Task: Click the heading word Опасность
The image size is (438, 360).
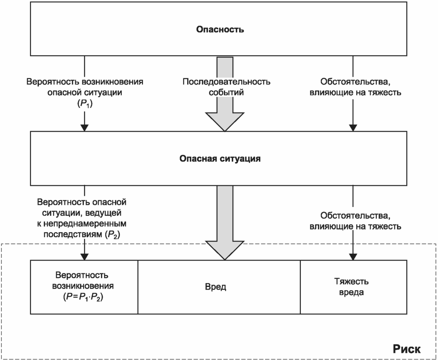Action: click(x=220, y=29)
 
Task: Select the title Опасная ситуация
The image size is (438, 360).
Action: click(x=220, y=159)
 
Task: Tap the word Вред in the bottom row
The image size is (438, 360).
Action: click(x=215, y=287)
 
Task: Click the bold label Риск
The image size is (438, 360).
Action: click(x=407, y=349)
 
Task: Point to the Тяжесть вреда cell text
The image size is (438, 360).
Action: click(x=351, y=287)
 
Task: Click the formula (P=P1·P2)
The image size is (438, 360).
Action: click(x=83, y=297)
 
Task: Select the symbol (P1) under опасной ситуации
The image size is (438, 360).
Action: click(x=85, y=104)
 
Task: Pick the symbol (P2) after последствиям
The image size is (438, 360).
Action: click(x=112, y=234)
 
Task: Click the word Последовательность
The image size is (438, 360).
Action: click(x=227, y=81)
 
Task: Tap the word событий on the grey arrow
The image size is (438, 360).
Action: click(x=226, y=93)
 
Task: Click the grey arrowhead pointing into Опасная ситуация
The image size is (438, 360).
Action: click(x=225, y=122)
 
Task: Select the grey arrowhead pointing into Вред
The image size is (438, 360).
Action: click(x=225, y=250)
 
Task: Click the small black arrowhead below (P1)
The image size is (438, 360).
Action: click(x=84, y=128)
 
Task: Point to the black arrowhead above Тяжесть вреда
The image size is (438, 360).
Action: click(x=353, y=257)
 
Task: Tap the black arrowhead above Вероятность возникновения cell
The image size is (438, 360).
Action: click(x=84, y=257)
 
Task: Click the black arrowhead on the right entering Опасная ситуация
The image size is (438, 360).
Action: click(x=353, y=128)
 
